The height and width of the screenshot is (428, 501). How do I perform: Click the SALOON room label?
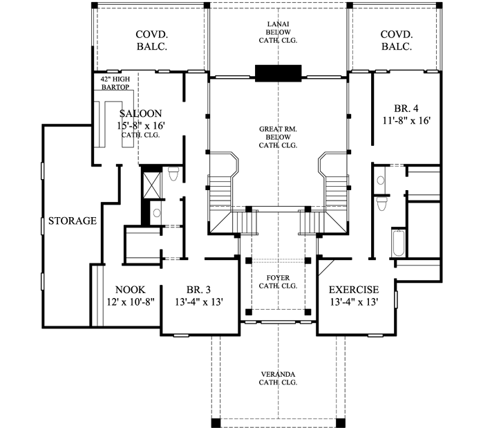[140, 113]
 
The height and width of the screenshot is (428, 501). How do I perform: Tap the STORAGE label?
[72, 221]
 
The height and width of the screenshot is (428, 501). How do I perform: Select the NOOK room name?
[129, 290]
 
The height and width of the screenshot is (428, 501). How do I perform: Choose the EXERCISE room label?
[353, 290]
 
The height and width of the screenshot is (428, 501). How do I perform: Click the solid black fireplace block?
[278, 73]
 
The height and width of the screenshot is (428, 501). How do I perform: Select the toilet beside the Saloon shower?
[173, 174]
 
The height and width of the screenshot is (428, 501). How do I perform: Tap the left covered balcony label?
[152, 41]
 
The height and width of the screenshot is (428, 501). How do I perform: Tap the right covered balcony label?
[396, 41]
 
